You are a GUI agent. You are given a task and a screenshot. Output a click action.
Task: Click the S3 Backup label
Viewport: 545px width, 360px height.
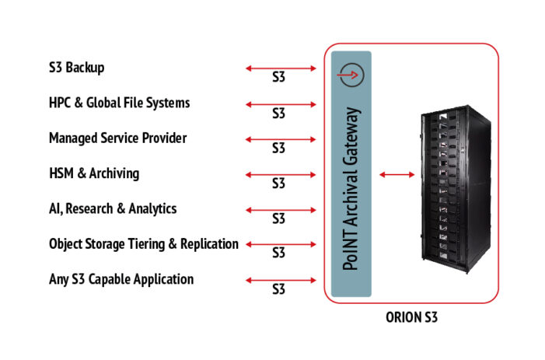[76, 68]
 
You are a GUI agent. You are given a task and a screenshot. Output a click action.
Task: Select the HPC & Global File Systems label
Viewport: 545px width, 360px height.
[119, 103]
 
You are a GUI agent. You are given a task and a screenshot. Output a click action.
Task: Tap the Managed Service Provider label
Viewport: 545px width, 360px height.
[117, 138]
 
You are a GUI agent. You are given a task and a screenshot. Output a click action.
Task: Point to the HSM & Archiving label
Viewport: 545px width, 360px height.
[94, 173]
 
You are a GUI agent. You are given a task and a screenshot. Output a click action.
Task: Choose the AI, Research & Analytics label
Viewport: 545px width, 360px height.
[113, 208]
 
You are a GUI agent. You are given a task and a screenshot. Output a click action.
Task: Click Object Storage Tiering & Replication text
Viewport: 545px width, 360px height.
[143, 243]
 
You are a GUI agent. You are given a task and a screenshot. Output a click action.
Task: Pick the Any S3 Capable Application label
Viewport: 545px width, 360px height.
[121, 278]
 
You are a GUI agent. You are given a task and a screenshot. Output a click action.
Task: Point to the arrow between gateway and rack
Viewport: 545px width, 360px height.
[394, 175]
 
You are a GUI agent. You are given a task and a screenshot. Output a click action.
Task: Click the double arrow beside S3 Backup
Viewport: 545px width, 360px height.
[281, 68]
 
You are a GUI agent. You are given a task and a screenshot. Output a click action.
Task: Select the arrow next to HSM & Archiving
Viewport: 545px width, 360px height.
[281, 173]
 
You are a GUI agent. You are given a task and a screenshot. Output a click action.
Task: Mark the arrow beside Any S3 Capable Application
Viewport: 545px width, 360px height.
[281, 279]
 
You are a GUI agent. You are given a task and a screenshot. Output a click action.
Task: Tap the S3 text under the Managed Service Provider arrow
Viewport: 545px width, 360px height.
[278, 149]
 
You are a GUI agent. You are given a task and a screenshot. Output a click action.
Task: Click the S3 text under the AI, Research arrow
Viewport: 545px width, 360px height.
[278, 218]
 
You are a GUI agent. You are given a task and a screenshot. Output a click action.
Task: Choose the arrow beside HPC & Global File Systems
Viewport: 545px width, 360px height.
[281, 103]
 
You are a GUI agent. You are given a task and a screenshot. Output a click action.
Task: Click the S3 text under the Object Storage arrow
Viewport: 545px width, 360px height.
[278, 253]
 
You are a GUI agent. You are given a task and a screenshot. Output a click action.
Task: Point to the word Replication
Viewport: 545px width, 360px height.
[209, 243]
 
